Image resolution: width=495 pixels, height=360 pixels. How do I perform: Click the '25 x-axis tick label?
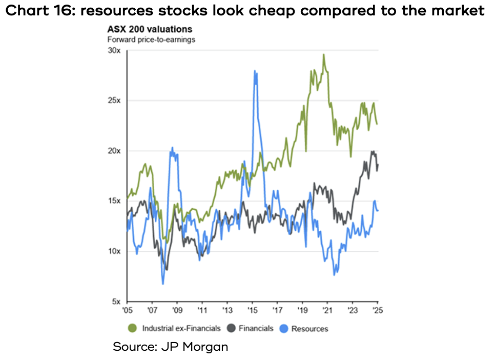click(x=378, y=310)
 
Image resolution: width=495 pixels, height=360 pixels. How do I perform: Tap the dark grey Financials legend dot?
click(x=231, y=328)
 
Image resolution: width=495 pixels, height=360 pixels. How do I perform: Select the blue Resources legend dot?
click(x=283, y=328)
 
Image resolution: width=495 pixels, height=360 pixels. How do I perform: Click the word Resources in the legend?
click(x=310, y=329)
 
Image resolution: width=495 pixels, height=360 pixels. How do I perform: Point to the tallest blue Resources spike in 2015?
click(x=255, y=71)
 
